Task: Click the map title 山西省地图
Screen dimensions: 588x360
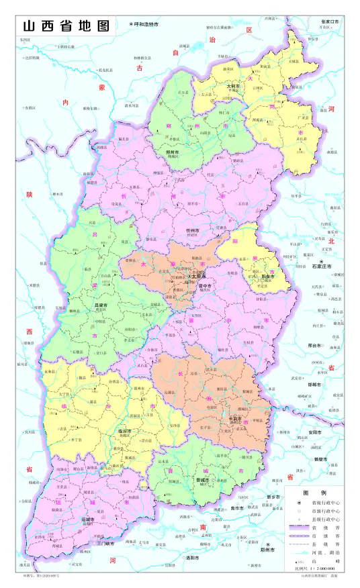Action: [x=65, y=26]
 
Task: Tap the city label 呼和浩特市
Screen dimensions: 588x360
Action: [x=146, y=24]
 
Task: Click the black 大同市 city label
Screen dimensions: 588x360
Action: [x=233, y=86]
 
